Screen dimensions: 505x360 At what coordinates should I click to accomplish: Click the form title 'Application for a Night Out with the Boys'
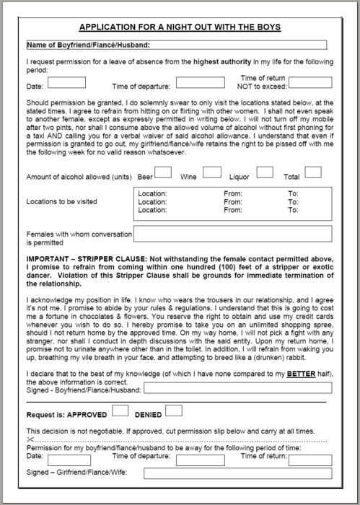(x=180, y=27)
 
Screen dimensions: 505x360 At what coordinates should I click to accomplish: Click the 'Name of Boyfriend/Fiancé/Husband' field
(x=180, y=45)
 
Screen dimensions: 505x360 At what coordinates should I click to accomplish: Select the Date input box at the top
(x=66, y=84)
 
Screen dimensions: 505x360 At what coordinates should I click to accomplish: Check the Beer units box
(x=163, y=172)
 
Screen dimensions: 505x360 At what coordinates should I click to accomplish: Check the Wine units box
(x=211, y=172)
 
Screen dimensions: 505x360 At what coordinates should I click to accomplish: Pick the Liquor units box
(x=265, y=172)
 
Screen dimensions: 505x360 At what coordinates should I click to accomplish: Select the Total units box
(x=312, y=172)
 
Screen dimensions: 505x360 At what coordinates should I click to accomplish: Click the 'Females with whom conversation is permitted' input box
(x=232, y=234)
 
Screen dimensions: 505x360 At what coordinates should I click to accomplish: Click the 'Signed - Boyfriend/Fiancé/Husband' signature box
(x=237, y=388)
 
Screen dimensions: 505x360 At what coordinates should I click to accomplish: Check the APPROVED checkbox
(x=120, y=411)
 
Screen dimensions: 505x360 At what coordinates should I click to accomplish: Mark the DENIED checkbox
(x=173, y=411)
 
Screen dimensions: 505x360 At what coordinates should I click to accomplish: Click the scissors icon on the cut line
(x=30, y=439)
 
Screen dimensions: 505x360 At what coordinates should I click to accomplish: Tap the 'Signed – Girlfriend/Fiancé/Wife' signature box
(x=237, y=474)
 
